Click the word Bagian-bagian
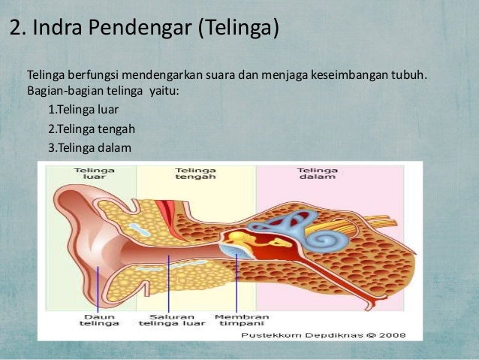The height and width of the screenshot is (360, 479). coord(66,93)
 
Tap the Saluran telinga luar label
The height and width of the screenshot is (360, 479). coord(171,320)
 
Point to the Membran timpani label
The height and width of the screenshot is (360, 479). coord(236,320)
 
